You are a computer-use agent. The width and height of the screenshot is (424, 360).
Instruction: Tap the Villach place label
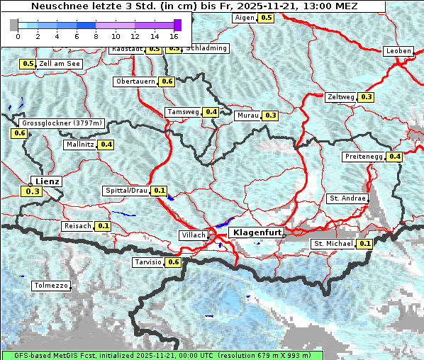click(x=194, y=235)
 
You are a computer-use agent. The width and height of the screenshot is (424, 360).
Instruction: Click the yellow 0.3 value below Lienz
click(x=33, y=191)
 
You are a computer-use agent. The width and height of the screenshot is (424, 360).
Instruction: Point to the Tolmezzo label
click(x=51, y=286)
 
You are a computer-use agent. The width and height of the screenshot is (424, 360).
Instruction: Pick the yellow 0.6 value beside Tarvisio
click(x=173, y=262)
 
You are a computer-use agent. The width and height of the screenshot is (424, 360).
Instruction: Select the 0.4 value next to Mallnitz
click(x=106, y=145)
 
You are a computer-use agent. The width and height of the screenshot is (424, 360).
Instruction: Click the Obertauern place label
click(x=135, y=81)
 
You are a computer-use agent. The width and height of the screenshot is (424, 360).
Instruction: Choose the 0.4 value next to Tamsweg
click(x=211, y=112)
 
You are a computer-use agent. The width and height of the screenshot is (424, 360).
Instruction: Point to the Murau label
click(x=248, y=115)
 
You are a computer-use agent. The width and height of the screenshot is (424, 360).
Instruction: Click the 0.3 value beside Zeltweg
click(x=366, y=97)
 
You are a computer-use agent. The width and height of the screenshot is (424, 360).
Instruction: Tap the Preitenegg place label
click(x=364, y=157)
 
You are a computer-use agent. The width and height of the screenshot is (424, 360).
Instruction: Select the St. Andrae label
click(x=348, y=198)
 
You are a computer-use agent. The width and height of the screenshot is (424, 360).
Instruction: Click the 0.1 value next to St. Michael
click(x=364, y=244)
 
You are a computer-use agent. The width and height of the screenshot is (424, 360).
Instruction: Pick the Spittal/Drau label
click(x=125, y=191)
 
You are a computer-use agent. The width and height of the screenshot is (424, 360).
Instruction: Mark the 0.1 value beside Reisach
click(x=104, y=226)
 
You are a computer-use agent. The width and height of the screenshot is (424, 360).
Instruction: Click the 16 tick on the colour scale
click(x=174, y=35)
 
